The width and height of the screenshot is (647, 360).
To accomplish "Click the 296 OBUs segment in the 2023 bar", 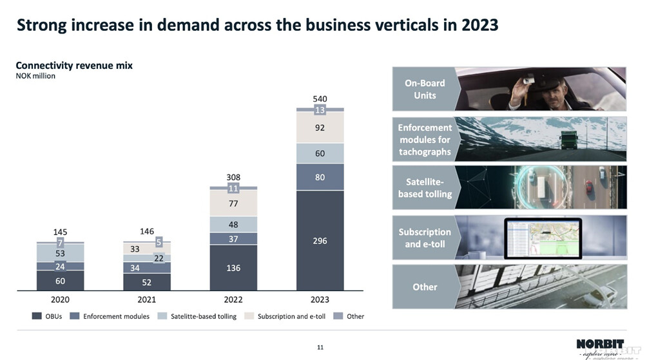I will (320, 240).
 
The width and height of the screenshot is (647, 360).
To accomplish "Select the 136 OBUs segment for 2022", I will (233, 267).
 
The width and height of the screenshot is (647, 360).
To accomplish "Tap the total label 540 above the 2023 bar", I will (320, 99).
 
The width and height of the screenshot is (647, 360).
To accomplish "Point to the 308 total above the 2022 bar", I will (233, 176).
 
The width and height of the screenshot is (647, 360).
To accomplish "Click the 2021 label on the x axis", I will (147, 299).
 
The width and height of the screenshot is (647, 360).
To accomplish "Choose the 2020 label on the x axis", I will (60, 299).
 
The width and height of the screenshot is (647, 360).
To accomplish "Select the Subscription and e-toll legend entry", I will (292, 316).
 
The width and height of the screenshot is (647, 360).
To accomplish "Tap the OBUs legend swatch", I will (37, 316).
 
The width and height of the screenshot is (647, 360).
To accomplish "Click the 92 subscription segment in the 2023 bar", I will (320, 128).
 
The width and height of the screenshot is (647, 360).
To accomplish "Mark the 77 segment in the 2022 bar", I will (233, 204).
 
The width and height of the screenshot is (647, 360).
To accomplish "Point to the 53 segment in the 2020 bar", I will (60, 254).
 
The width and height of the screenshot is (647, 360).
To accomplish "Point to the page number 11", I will (320, 348).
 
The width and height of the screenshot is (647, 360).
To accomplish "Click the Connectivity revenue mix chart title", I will (74, 66).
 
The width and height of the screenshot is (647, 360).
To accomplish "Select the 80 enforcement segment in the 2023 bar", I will (320, 177).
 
